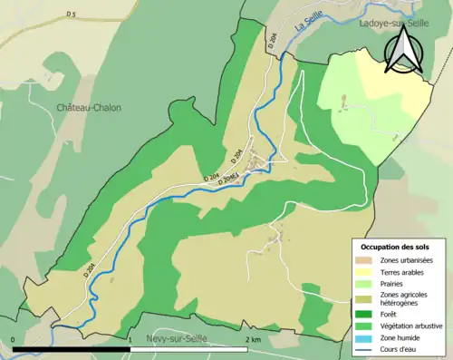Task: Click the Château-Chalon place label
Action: click(89, 107)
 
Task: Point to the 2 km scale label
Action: click(254, 339)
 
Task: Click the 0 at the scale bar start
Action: click(14, 339)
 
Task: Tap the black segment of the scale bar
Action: click(72, 347)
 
